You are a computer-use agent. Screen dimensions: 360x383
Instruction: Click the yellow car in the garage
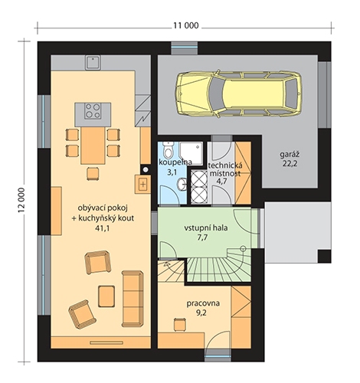click(x=239, y=93)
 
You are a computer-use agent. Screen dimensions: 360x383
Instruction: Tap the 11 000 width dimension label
click(x=186, y=25)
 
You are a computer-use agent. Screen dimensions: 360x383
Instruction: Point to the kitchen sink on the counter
click(x=93, y=63)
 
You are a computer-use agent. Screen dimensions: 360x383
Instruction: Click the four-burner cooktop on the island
click(x=93, y=111)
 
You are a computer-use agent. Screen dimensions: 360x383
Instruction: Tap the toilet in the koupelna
click(x=169, y=150)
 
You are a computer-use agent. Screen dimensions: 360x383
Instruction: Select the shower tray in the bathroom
click(x=191, y=153)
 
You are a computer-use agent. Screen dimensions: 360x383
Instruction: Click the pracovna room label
click(x=203, y=303)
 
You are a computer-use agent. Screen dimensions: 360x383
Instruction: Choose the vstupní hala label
click(x=206, y=228)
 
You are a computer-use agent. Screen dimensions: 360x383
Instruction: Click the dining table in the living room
click(x=93, y=146)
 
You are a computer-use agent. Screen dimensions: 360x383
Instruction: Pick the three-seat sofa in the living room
click(x=133, y=299)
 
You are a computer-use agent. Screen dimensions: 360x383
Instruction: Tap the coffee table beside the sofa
click(x=106, y=296)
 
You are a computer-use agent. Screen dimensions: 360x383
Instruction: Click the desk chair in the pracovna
click(x=180, y=325)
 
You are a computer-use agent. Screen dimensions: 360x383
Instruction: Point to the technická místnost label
click(x=225, y=169)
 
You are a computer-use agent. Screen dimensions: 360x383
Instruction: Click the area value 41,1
click(x=102, y=228)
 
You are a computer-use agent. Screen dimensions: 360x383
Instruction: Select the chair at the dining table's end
click(x=93, y=174)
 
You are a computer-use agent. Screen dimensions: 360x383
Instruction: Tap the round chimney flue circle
click(x=146, y=169)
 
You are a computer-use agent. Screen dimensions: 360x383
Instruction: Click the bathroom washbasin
click(x=182, y=184)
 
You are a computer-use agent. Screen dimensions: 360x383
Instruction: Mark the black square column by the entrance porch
click(x=324, y=257)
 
